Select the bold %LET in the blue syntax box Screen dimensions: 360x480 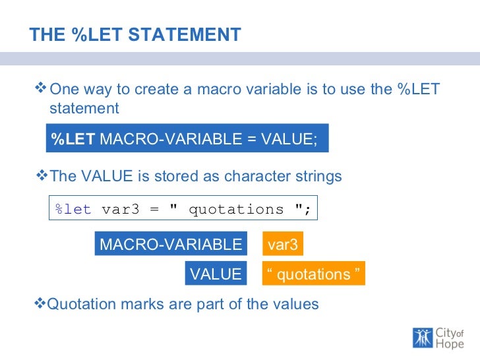click(73, 140)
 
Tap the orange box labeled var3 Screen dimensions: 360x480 click(283, 245)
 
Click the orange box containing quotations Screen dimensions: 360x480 click(313, 274)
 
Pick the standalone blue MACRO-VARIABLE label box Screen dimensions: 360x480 click(171, 245)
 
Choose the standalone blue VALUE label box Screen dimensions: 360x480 click(216, 274)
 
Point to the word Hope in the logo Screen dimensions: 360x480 click(450, 344)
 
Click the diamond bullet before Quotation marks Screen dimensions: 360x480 click(41, 303)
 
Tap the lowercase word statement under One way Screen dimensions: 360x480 click(84, 108)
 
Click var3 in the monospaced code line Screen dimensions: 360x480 click(121, 210)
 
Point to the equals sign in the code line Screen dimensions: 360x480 click(154, 210)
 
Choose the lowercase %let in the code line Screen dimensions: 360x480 click(74, 210)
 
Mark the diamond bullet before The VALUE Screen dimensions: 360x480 click(41, 176)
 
